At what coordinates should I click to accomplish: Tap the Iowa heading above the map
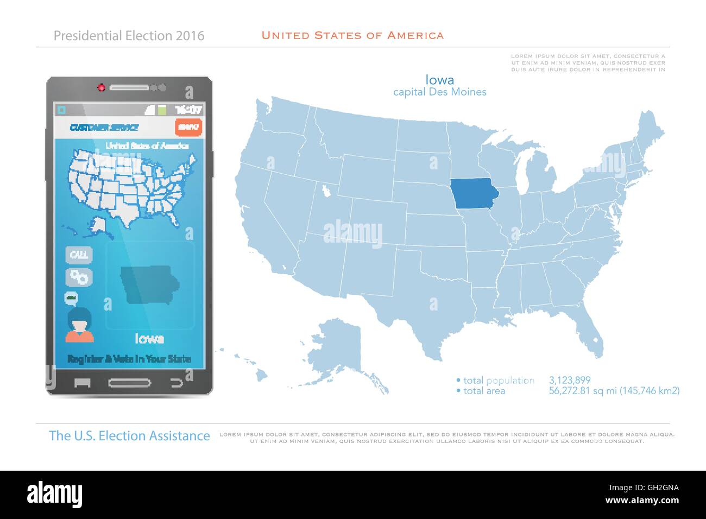point(439,80)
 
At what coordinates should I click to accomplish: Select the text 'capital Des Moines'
point(439,92)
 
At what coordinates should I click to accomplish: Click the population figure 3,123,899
point(570,380)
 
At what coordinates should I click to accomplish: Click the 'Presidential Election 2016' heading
point(129,36)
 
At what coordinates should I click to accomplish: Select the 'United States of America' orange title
point(352,35)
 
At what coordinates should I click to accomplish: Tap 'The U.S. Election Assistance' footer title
point(129,435)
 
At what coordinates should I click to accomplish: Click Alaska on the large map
point(342,347)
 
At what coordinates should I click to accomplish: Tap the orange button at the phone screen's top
point(188,127)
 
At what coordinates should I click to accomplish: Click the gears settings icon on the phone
point(79,277)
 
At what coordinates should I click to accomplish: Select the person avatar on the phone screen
point(79,325)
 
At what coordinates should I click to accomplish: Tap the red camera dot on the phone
point(100,87)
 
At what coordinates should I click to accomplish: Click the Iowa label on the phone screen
point(149,339)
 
